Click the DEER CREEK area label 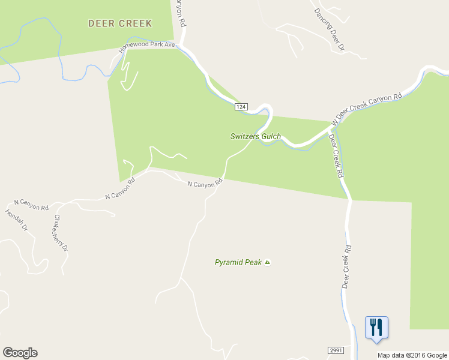pyautogui.click(x=120, y=23)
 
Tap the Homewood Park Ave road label pyautogui.click(x=146, y=47)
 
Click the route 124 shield pyautogui.click(x=241, y=107)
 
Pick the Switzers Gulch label pyautogui.click(x=256, y=136)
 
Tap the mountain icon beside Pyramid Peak pyautogui.click(x=268, y=262)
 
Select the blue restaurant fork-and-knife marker pyautogui.click(x=376, y=328)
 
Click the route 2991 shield pyautogui.click(x=336, y=350)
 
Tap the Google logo pyautogui.click(x=20, y=353)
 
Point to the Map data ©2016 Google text pyautogui.click(x=412, y=355)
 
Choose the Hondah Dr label pyautogui.click(x=17, y=220)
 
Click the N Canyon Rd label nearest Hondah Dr pyautogui.click(x=34, y=205)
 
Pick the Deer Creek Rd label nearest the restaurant pyautogui.click(x=346, y=266)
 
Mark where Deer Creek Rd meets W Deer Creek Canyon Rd pyautogui.click(x=331, y=127)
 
